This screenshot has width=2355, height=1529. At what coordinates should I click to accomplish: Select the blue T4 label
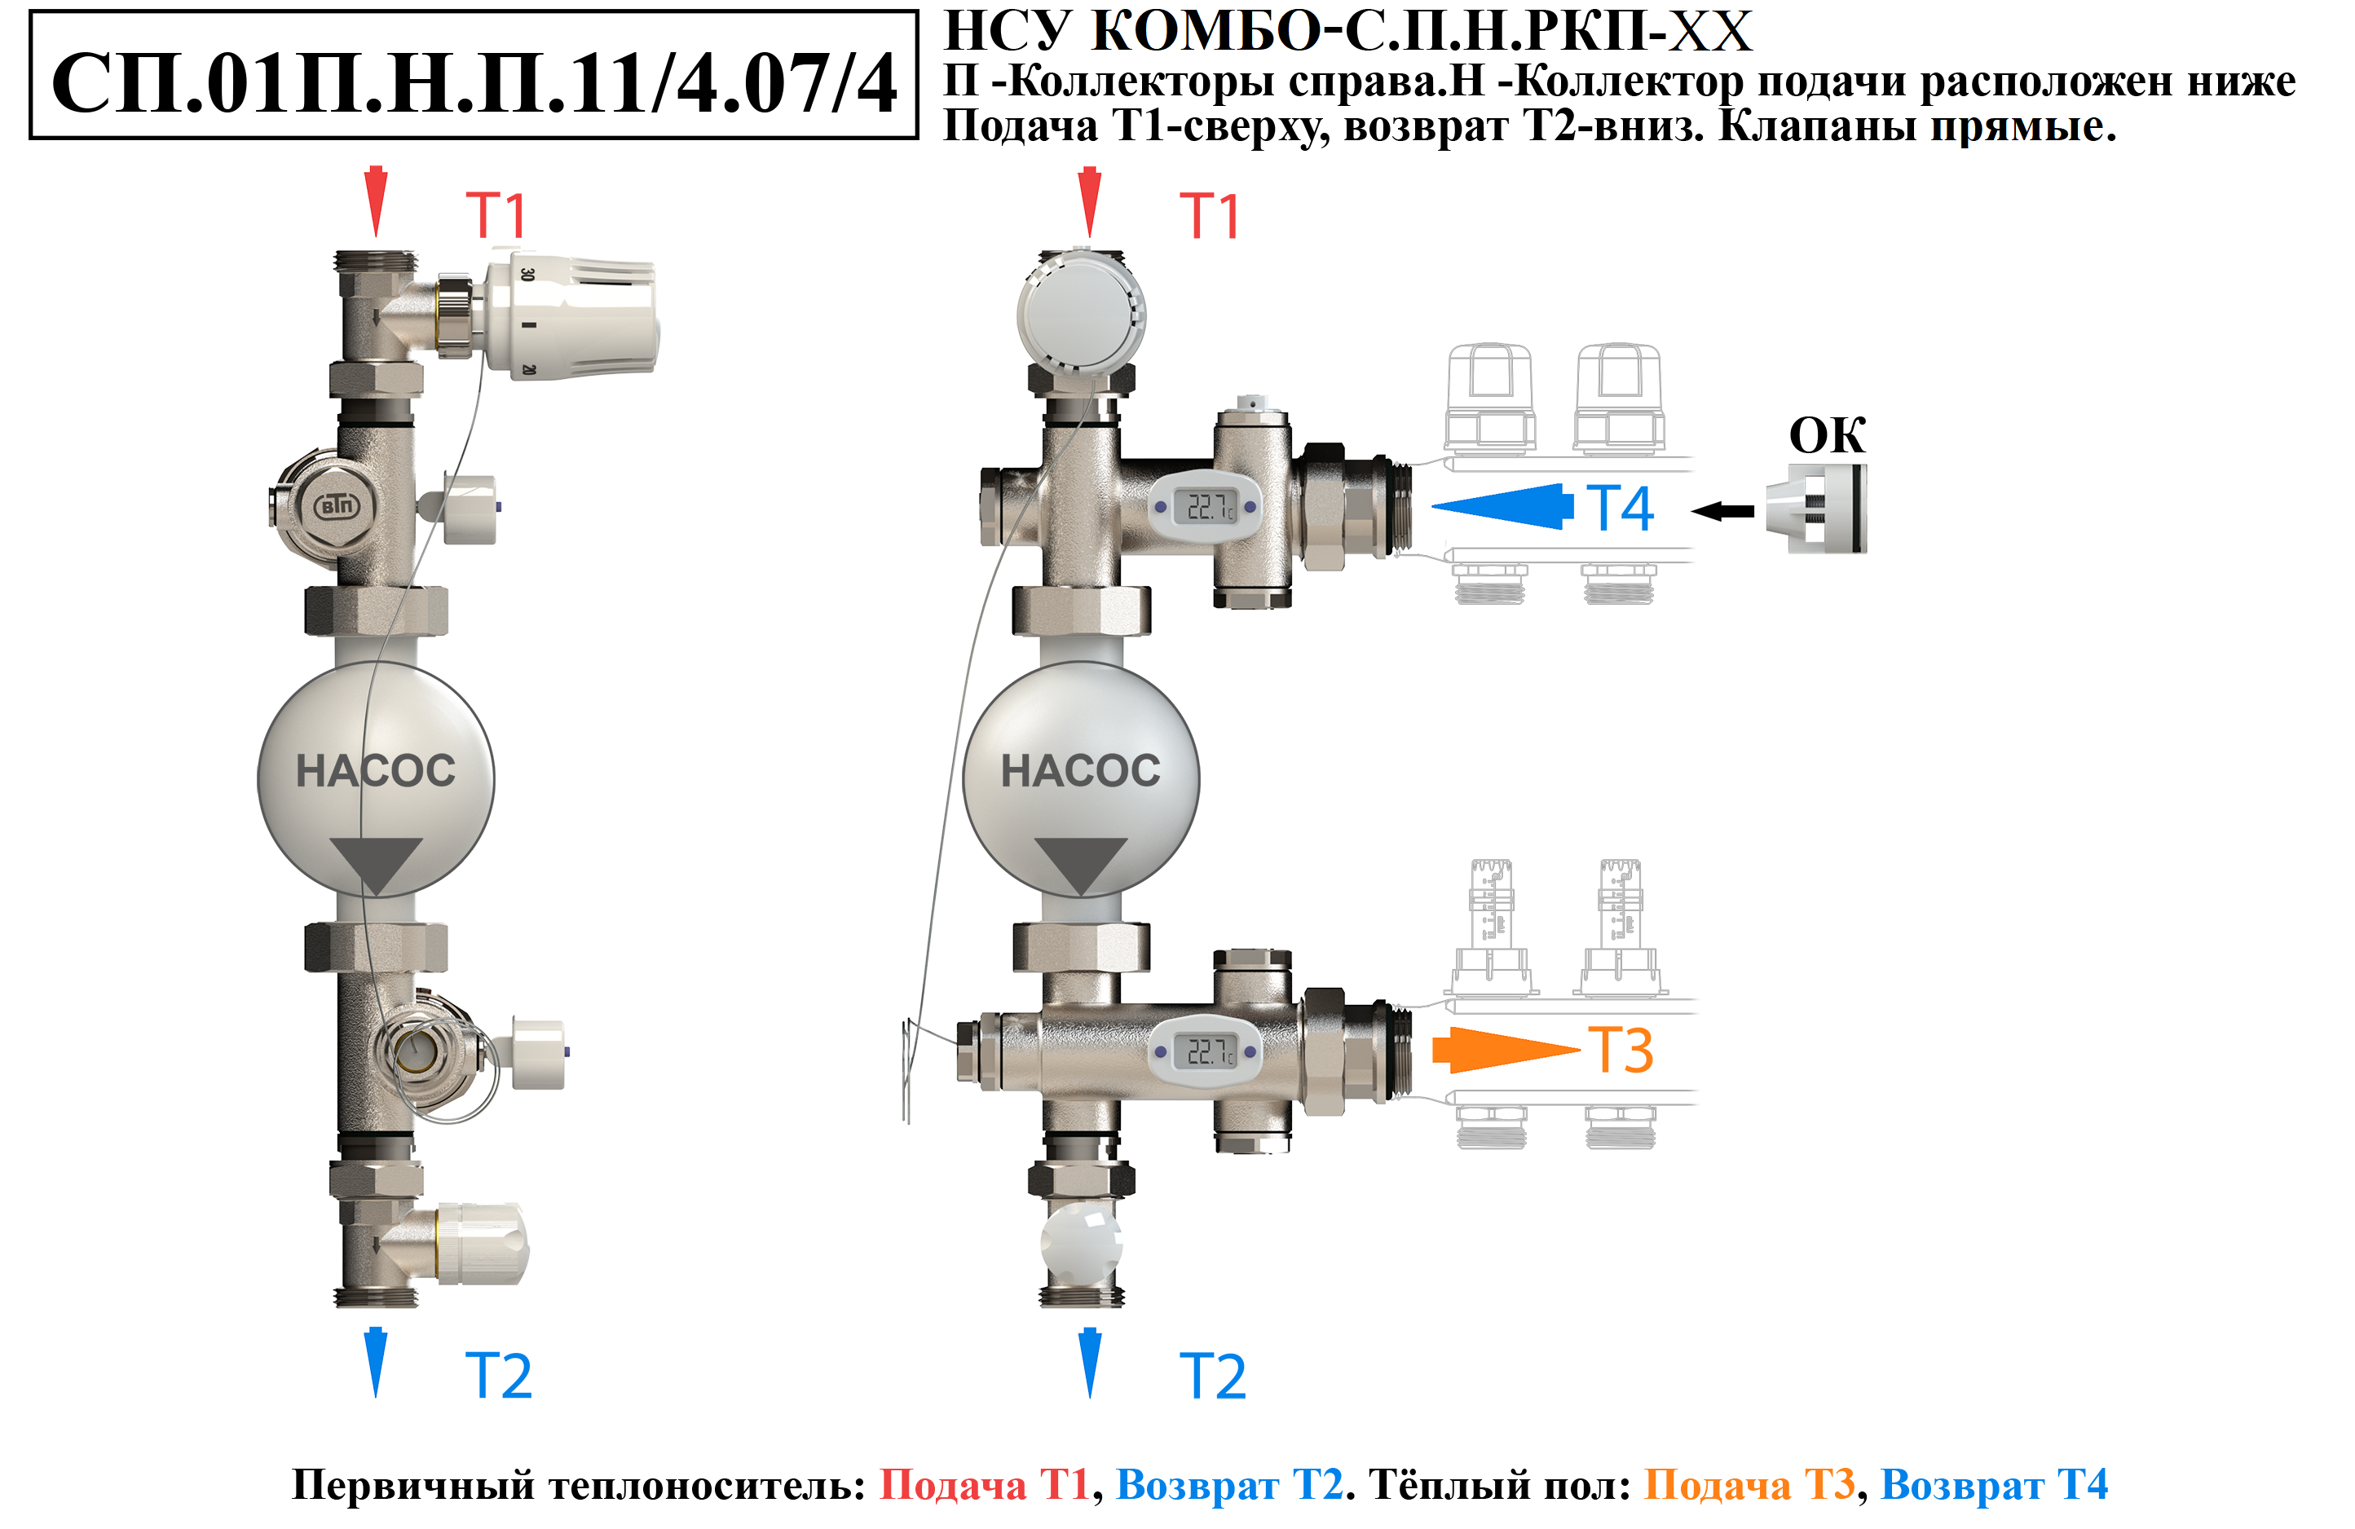tap(1620, 508)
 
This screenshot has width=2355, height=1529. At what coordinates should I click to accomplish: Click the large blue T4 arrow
tap(1502, 507)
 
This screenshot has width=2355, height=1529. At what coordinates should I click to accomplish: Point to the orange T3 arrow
tap(1506, 1050)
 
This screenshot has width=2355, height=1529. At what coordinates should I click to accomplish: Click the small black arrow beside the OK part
tap(1722, 512)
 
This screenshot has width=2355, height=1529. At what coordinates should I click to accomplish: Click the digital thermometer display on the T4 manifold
tap(1205, 507)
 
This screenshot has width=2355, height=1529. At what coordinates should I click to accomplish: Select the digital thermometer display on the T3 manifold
tap(1205, 1051)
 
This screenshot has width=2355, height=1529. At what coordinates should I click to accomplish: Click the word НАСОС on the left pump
tap(376, 771)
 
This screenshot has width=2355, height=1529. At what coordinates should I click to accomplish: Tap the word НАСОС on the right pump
tap(1081, 771)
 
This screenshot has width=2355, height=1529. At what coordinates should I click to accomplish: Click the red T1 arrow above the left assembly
tap(376, 200)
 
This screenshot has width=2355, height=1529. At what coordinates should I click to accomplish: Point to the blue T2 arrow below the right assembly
tap(1089, 1363)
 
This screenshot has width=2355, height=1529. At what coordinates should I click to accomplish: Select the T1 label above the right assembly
tap(1209, 216)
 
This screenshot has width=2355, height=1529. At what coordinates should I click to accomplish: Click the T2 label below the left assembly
tap(499, 1376)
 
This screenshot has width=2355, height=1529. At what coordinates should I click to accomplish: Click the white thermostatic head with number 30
tap(569, 315)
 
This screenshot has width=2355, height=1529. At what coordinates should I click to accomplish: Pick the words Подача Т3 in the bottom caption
tap(1749, 1484)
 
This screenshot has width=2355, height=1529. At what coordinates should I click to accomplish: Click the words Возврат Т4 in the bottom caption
tap(1994, 1484)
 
